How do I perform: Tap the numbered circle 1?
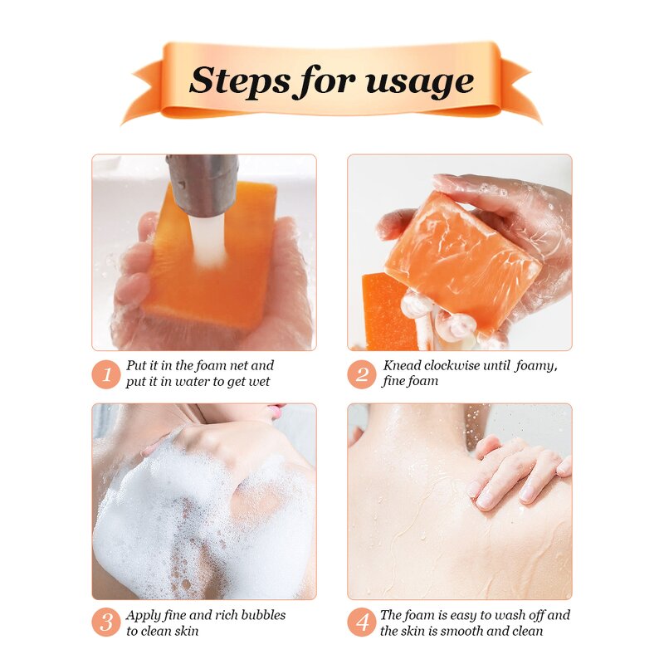(x=105, y=373)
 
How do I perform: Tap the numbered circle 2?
(x=361, y=373)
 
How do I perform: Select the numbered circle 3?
(x=105, y=622)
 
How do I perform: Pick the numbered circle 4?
(x=361, y=622)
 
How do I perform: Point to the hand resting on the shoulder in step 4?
(x=515, y=469)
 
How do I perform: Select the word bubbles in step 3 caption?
(x=258, y=615)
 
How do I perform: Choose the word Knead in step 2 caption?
(x=400, y=365)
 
